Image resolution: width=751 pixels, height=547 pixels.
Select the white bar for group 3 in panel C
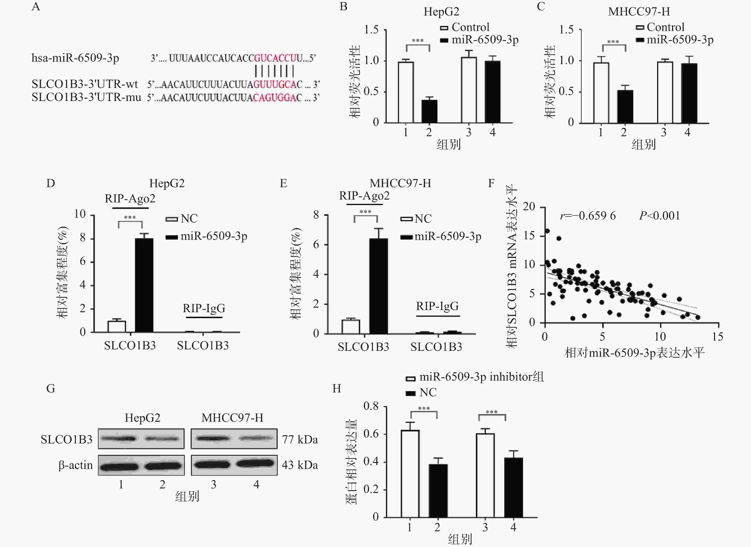pyautogui.click(x=665, y=92)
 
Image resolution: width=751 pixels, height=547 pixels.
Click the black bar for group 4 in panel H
pyautogui.click(x=513, y=487)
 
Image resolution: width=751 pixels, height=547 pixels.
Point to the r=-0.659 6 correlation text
pyautogui.click(x=588, y=216)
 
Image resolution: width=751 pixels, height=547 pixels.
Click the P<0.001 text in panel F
pyautogui.click(x=659, y=216)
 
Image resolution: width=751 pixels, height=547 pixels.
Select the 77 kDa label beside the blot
pyautogui.click(x=300, y=439)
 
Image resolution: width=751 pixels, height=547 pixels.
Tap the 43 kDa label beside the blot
pyautogui.click(x=300, y=465)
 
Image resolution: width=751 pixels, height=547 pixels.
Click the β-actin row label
pyautogui.click(x=76, y=465)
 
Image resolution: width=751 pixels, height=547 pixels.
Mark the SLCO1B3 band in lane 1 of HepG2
pyautogui.click(x=118, y=439)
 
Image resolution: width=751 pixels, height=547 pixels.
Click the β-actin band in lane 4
pyautogui.click(x=255, y=464)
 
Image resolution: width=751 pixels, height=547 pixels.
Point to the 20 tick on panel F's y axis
pyautogui.click(x=529, y=207)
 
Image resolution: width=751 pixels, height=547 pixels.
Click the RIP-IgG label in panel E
pyautogui.click(x=437, y=306)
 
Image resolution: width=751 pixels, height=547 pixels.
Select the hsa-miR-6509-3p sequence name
pyautogui.click(x=75, y=58)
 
